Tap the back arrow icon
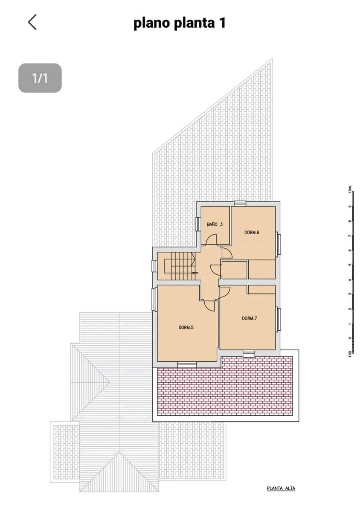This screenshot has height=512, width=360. (32, 22)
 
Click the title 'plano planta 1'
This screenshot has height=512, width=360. (179, 23)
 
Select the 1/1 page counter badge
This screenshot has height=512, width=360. (40, 78)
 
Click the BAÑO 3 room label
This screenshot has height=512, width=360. (215, 224)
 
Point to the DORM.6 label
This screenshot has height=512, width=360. (252, 233)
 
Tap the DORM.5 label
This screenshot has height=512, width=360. (186, 328)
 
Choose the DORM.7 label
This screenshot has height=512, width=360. (250, 318)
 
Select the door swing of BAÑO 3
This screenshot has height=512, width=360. (211, 240)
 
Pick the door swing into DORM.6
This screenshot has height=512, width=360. (226, 253)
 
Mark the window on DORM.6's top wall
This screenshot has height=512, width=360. (240, 203)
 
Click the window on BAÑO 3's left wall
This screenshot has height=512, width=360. (198, 224)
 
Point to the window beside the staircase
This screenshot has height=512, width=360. (154, 266)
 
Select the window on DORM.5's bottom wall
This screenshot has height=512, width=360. (187, 364)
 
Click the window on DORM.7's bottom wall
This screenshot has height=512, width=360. (249, 353)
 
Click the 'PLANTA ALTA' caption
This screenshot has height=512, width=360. (281, 489)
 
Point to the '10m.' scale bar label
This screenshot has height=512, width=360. (349, 189)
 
